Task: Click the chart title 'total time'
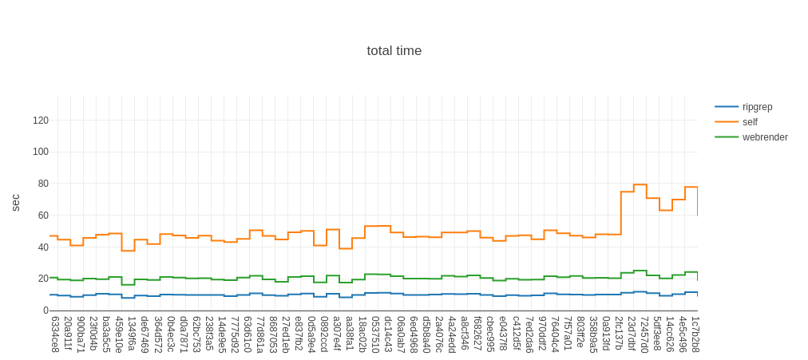[x=394, y=51]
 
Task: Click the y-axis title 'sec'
[x=15, y=202]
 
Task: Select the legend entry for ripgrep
[x=757, y=107]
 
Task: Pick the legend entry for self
[x=750, y=122]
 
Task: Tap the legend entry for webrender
[x=764, y=137]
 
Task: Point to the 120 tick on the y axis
[x=41, y=121]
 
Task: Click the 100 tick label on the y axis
[x=41, y=152]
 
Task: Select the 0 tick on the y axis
[x=46, y=311]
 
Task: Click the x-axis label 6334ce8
[x=55, y=334]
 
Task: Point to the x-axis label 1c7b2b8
[x=695, y=334]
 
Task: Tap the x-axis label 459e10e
[x=119, y=334]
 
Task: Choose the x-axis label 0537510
[x=375, y=334]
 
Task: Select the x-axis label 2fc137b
[x=619, y=334]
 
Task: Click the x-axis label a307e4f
[x=337, y=334]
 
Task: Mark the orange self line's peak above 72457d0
[x=640, y=185]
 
